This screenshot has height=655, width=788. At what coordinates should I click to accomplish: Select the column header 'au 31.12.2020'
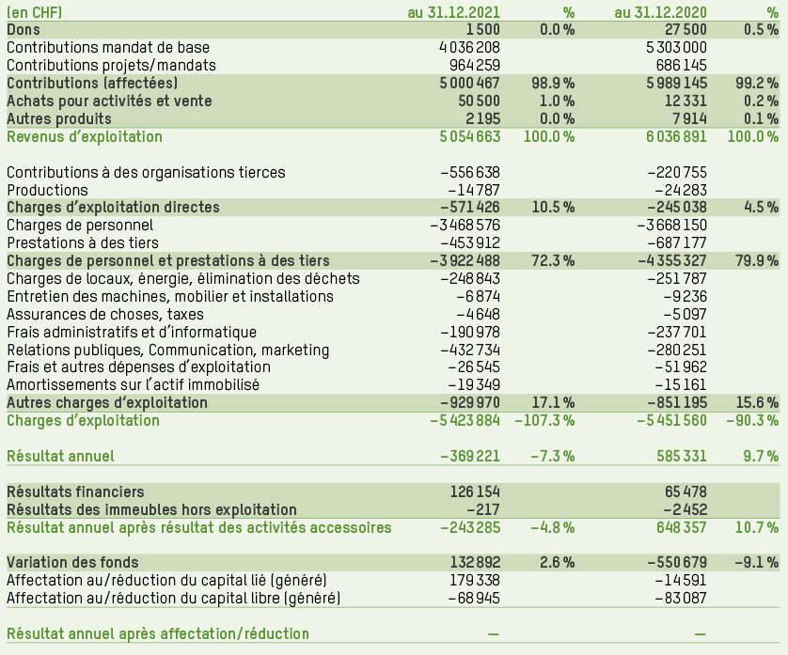tap(660, 12)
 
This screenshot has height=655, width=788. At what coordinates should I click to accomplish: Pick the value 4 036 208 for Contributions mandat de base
tap(469, 48)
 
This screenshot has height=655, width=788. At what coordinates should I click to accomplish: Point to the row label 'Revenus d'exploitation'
tap(85, 137)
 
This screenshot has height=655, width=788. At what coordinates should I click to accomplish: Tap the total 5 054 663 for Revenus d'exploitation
tap(469, 137)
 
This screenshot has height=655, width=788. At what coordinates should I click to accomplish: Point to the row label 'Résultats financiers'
tap(75, 491)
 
